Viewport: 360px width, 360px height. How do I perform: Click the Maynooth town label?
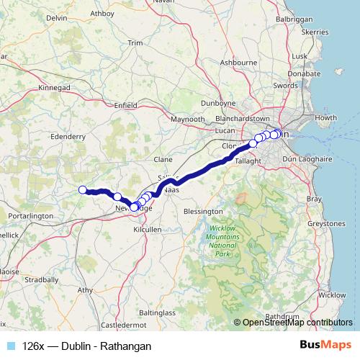pyautogui.click(x=188, y=119)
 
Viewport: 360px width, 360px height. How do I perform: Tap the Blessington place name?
pyautogui.click(x=203, y=211)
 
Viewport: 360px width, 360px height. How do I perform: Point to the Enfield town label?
pyautogui.click(x=125, y=105)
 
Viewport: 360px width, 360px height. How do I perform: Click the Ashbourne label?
pyautogui.click(x=240, y=63)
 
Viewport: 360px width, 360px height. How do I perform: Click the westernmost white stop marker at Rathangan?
pyautogui.click(x=82, y=190)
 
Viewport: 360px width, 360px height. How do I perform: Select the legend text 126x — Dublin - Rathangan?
pyautogui.click(x=86, y=346)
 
